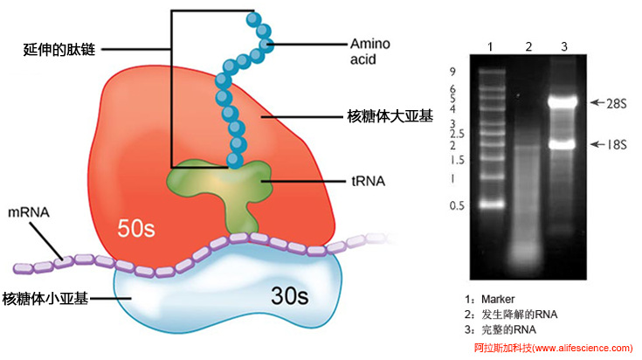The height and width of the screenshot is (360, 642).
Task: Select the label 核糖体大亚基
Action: tap(385, 116)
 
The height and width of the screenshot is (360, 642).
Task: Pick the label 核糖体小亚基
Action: tap(45, 298)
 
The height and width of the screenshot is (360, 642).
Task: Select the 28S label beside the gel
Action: tap(614, 102)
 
